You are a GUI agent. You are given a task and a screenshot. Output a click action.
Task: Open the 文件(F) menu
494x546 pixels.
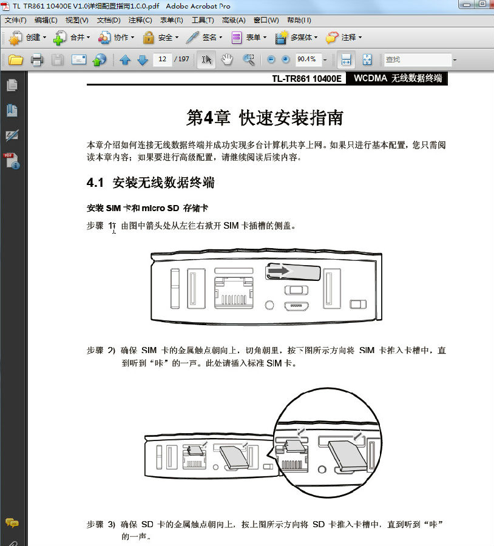[x=15, y=20]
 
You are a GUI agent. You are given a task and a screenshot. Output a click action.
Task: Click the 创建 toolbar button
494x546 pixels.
[x=27, y=38]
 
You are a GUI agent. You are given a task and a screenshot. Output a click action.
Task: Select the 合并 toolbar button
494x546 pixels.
[x=71, y=38]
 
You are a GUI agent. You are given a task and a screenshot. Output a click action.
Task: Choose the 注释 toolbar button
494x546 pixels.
[x=343, y=38]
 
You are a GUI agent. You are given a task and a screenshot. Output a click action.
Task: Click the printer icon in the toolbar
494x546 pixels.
[x=37, y=59]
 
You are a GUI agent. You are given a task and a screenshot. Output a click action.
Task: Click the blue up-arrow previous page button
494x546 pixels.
[x=125, y=59]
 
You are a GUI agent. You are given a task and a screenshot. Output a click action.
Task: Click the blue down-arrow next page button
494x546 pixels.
[x=143, y=59]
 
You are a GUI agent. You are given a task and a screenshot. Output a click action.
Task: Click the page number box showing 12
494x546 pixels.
[x=162, y=59]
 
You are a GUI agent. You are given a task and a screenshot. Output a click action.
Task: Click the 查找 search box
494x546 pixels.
[x=418, y=59]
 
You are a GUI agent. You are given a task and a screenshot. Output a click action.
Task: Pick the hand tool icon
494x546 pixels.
[x=227, y=59]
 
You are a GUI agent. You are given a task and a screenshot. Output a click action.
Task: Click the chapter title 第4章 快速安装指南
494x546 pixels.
[x=265, y=118]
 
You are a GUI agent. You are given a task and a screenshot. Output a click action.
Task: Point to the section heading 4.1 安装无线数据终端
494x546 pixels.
[x=151, y=183]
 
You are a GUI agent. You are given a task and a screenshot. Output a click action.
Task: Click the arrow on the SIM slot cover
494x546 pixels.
[x=280, y=271]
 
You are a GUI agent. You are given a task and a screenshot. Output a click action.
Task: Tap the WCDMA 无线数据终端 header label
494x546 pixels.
[x=398, y=78]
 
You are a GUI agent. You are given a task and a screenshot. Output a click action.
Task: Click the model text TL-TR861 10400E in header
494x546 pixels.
[x=307, y=78]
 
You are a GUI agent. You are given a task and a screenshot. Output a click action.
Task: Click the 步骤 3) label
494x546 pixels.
[x=101, y=524]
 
